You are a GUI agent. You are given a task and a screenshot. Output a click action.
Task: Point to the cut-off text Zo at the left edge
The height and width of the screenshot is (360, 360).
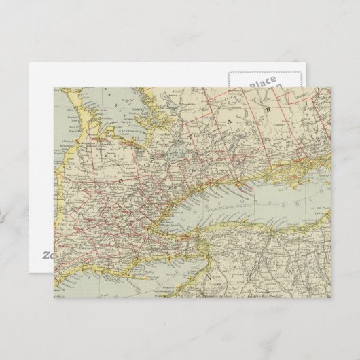46,255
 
